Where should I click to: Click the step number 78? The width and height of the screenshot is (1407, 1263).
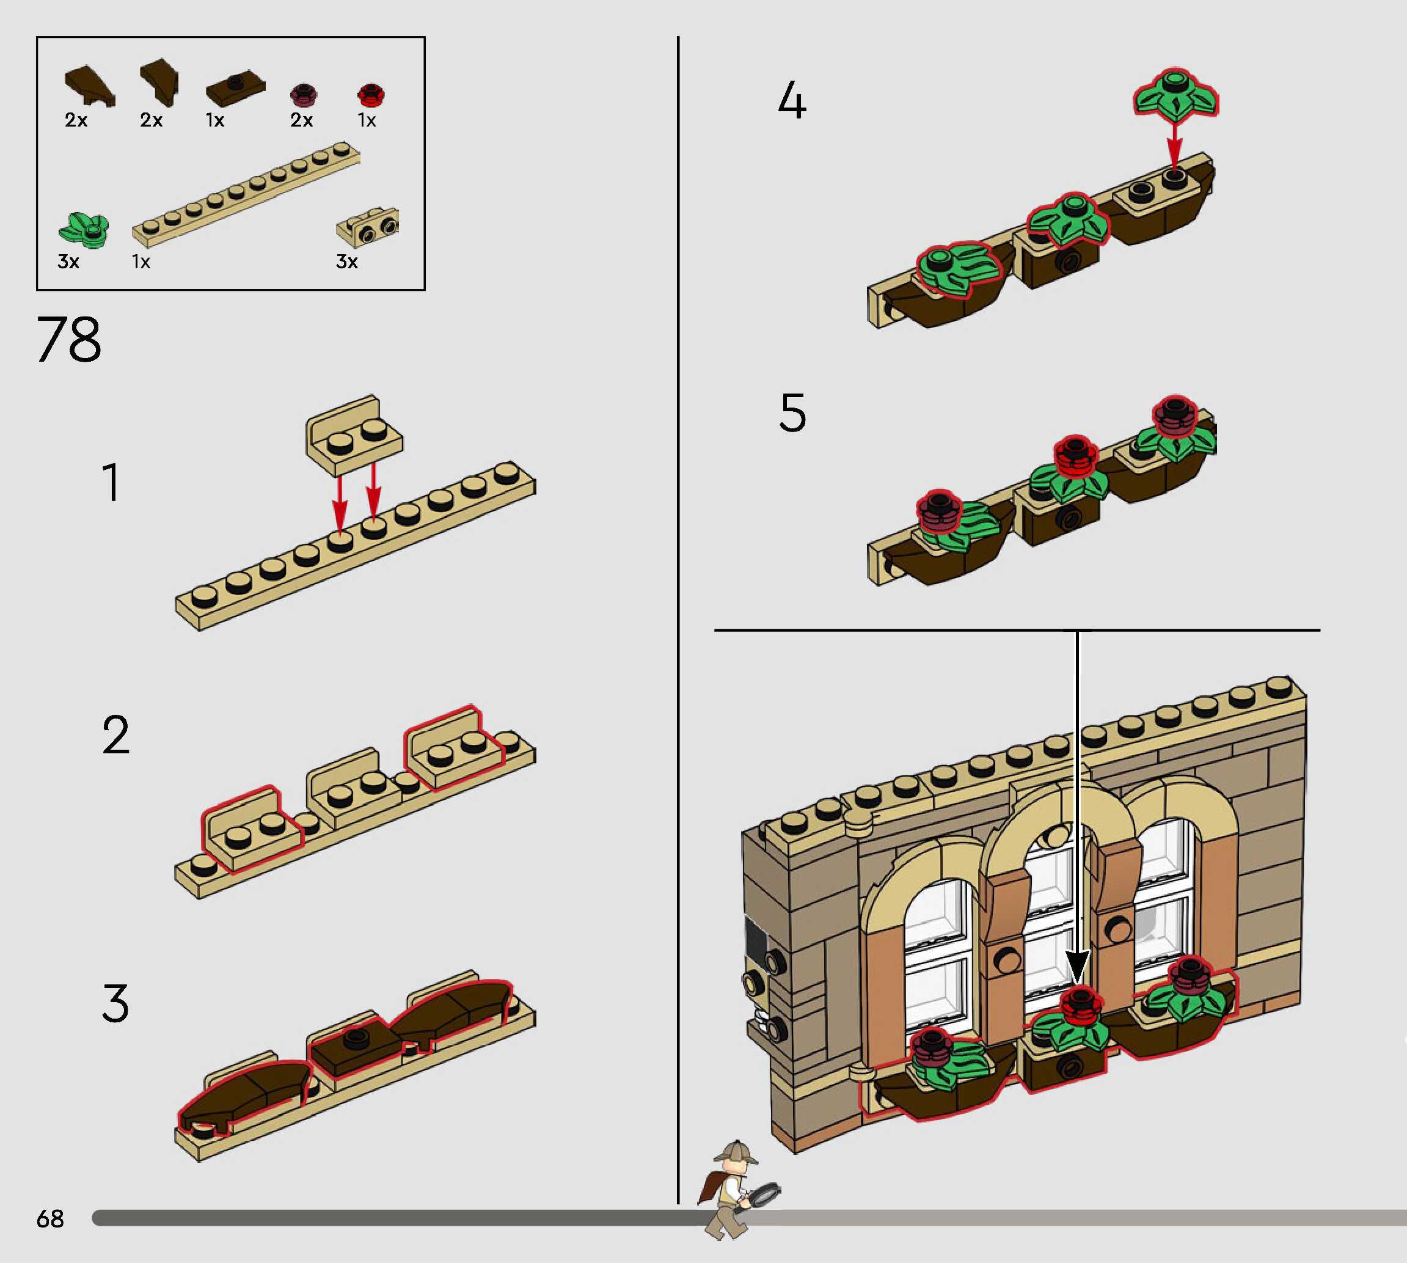68,339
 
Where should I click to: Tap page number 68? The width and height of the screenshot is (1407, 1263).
50,1218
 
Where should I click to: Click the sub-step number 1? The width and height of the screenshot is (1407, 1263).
111,482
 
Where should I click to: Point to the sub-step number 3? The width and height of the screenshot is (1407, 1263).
115,1003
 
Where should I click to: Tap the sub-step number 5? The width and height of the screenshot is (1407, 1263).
792,413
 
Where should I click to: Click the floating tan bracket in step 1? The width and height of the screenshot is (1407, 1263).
354,434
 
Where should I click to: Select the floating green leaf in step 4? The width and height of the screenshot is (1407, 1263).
1175,93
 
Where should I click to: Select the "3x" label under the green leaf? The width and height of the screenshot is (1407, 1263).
68,262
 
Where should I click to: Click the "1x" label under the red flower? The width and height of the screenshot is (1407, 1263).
367,121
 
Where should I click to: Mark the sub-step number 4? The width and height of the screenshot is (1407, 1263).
792,101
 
